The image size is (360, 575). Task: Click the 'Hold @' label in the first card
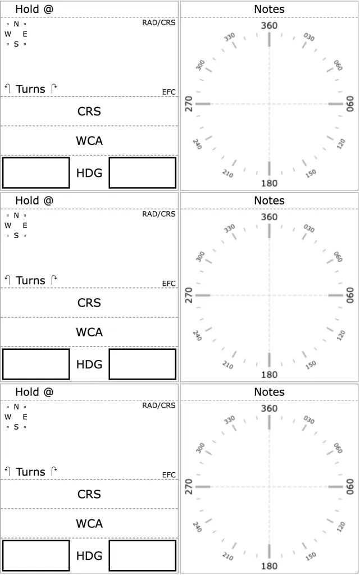34,9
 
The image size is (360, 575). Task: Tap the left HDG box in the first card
36,172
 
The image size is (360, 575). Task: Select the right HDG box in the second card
142,364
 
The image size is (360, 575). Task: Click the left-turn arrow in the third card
7,472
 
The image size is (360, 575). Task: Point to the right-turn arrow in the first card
53,88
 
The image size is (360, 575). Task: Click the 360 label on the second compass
269,217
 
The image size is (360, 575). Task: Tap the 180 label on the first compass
269,183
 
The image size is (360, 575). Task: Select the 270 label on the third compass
189,487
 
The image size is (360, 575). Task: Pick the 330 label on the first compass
229,37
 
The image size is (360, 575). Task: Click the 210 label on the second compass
227,365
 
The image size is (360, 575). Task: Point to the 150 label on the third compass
311,556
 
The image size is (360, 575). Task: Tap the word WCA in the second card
89,332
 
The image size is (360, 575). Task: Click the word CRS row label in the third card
89,494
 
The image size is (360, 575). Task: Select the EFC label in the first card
168,92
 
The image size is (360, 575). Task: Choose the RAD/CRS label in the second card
159,214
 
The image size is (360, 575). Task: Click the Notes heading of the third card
269,392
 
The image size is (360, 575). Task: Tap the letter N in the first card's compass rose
16,24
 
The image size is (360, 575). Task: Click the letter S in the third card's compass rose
16,427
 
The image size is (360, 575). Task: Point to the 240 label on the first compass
197,144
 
